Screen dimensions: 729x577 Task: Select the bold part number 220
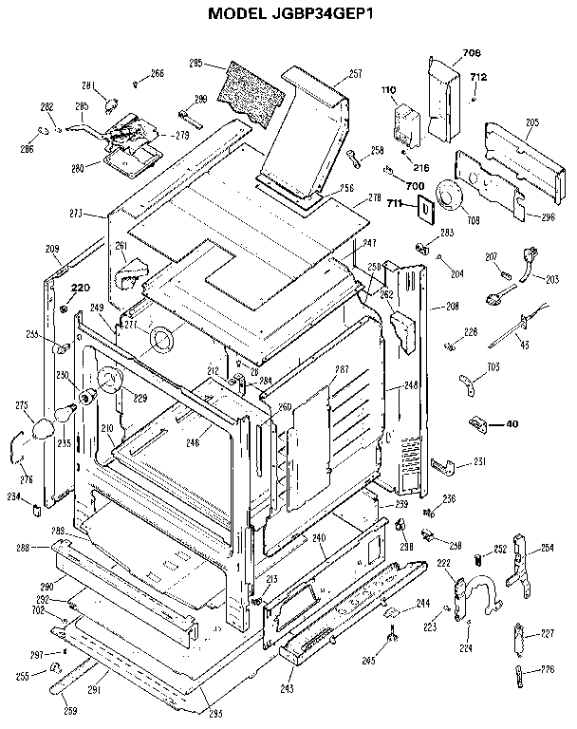80,288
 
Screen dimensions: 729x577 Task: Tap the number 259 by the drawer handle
70,711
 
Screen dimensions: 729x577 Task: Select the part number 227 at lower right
547,633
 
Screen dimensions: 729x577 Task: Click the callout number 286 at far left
27,149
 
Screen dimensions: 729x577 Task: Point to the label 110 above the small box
388,90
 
